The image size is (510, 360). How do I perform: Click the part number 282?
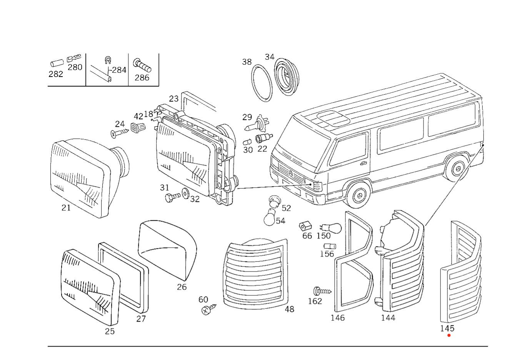tap(55, 74)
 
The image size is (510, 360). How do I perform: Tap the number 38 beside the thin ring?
tap(247, 62)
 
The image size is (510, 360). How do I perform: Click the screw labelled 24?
tap(119, 133)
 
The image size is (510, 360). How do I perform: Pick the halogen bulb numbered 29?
tap(257, 124)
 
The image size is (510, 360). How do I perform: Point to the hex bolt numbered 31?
tap(172, 197)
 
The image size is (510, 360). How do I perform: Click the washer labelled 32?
tap(185, 193)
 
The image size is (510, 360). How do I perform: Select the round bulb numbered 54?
tap(269, 217)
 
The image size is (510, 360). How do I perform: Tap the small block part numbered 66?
tap(305, 226)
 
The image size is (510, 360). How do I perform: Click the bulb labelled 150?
tap(331, 228)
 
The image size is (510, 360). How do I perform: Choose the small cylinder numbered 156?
tap(330, 246)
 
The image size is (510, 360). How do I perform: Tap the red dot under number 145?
tap(449, 335)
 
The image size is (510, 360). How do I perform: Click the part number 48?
tap(289, 309)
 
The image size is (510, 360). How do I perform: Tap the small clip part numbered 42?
tap(138, 128)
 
